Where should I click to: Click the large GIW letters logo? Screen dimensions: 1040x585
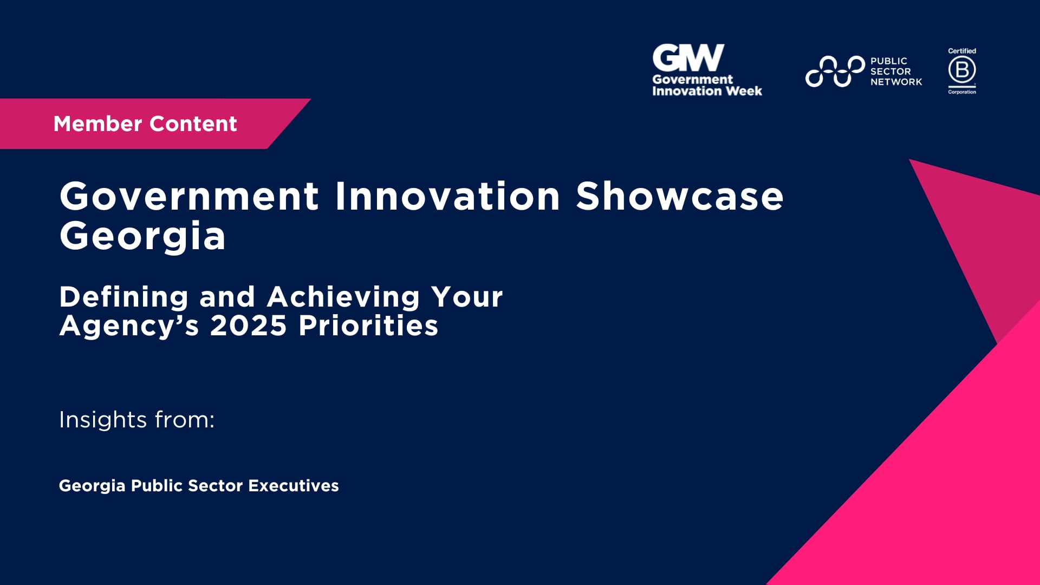[x=688, y=58]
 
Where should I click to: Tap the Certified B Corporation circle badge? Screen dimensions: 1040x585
[x=962, y=70]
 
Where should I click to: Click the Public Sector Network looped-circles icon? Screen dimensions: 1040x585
[x=835, y=71]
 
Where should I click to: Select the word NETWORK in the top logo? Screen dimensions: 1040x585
[x=896, y=82]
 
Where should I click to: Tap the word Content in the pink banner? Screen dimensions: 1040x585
[x=193, y=123]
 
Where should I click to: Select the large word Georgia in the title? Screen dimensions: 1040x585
[x=142, y=237]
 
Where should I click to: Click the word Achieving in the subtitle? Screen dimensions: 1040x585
[x=343, y=297]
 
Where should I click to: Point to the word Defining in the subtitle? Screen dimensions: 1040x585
[x=124, y=297]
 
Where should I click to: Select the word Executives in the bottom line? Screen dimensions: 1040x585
[x=293, y=485]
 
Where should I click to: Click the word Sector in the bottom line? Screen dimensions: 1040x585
[x=215, y=485]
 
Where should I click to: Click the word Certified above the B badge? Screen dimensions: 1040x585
[x=962, y=51]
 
